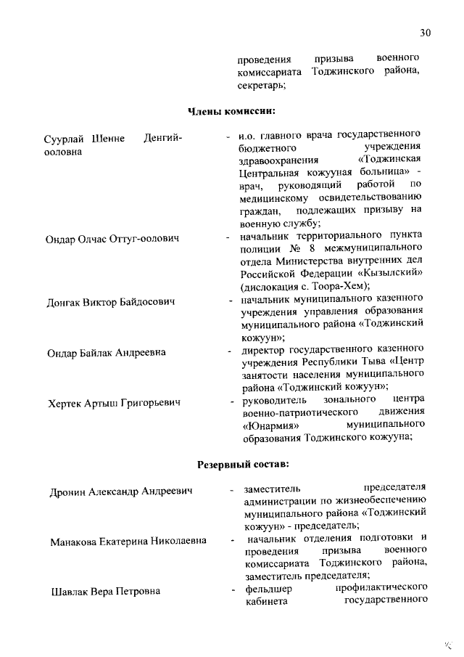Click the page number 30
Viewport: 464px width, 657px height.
425,33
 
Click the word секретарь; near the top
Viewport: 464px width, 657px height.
260,85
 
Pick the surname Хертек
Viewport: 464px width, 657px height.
65,402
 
